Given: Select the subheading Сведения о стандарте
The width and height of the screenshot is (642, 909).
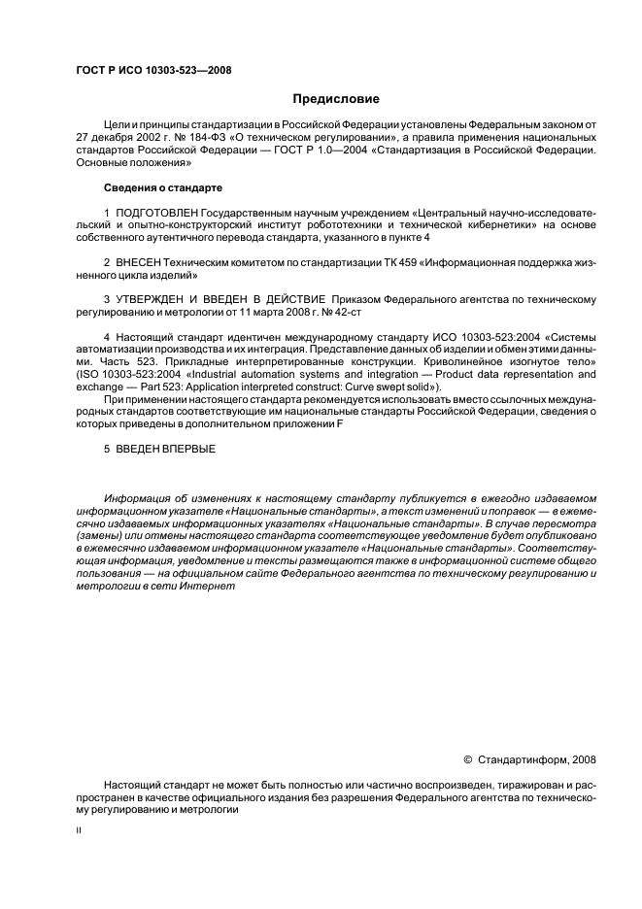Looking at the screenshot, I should click(x=162, y=186).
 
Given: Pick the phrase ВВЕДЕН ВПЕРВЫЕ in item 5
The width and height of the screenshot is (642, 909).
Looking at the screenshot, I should click(x=164, y=449).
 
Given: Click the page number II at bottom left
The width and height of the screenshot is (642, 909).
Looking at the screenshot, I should click(x=80, y=832).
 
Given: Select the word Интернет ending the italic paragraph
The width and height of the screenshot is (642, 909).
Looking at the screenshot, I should click(x=209, y=588).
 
